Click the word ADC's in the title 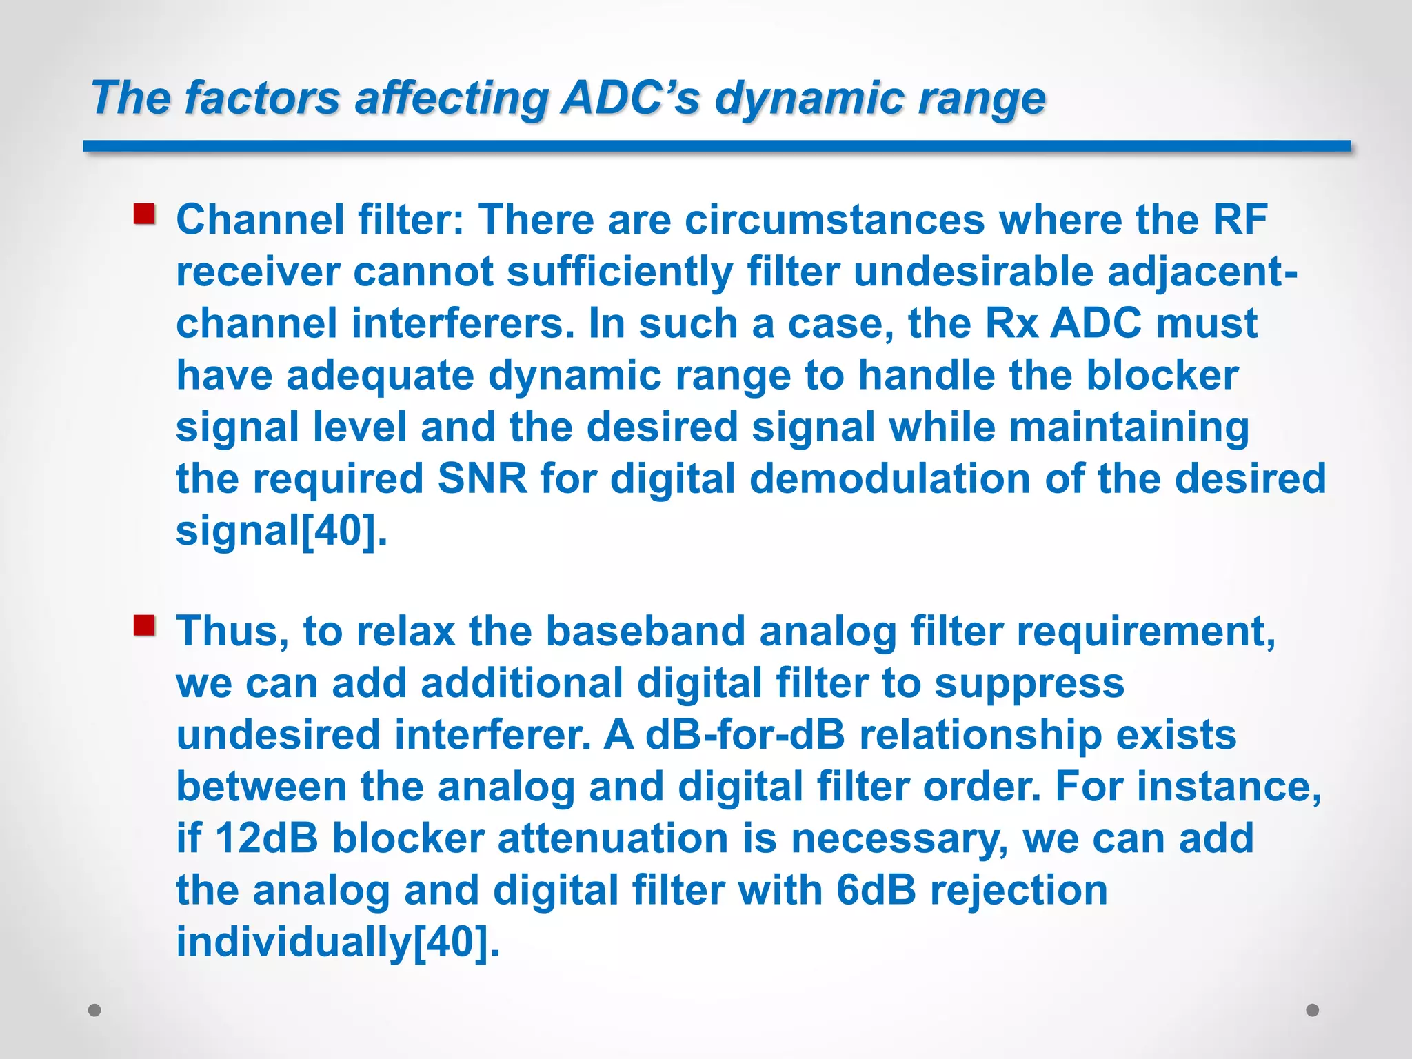click(630, 97)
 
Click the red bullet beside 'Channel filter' click(144, 214)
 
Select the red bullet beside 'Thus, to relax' click(144, 626)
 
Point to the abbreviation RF click(1240, 220)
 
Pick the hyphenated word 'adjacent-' click(1203, 272)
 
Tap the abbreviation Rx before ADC click(1011, 323)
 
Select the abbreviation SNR click(483, 478)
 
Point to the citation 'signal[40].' click(281, 530)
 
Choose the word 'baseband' click(645, 632)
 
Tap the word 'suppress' click(1029, 683)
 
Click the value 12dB click(267, 838)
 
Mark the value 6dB click(876, 890)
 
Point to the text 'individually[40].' click(338, 942)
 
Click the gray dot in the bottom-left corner click(95, 1010)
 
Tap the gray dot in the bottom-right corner click(1313, 1010)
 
